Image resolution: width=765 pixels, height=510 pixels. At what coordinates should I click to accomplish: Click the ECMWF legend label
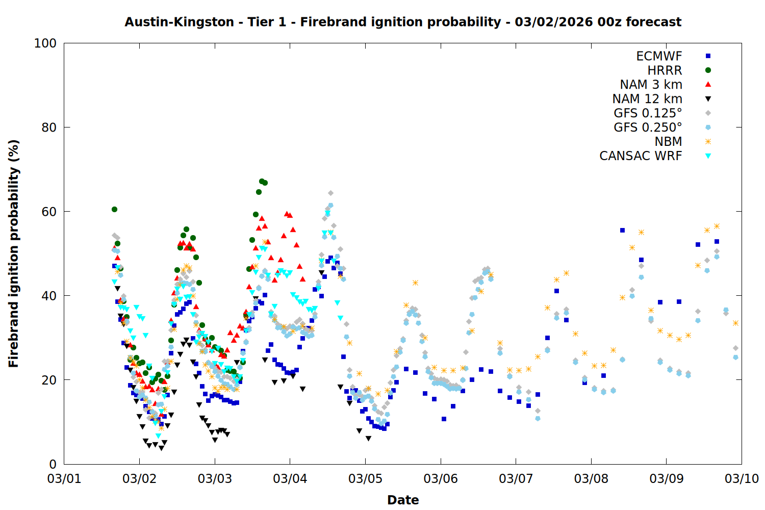pos(659,56)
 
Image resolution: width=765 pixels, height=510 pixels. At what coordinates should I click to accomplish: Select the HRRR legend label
pos(665,70)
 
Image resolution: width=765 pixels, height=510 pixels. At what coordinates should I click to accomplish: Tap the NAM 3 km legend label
pos(651,85)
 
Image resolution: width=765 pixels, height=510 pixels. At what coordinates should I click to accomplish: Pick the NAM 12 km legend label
pos(647,99)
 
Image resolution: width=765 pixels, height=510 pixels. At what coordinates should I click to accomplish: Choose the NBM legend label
pos(668,142)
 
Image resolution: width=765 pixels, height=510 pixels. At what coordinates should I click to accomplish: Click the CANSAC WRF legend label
pos(641,156)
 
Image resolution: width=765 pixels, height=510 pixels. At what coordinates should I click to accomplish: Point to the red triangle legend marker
pos(708,84)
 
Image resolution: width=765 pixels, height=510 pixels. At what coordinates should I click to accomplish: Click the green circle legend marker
pos(708,70)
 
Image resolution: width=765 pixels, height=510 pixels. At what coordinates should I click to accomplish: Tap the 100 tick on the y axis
pos(45,43)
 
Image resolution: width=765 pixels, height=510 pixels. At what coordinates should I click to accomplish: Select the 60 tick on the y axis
pos(49,212)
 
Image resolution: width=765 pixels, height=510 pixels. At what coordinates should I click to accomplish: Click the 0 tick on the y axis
pos(53,464)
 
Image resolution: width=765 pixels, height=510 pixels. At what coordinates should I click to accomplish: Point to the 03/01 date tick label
pos(64,479)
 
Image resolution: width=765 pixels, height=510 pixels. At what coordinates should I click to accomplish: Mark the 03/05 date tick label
pos(365,479)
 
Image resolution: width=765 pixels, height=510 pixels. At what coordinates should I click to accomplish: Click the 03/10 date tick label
pos(742,479)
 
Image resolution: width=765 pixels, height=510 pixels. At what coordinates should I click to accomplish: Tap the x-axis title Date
pos(403,500)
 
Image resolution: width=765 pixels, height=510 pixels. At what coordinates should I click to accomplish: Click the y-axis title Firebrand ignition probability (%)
pos(13,253)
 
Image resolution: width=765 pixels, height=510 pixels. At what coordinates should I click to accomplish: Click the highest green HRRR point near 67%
pos(262,181)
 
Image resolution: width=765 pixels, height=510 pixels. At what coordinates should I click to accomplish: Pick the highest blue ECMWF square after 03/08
pos(622,231)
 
